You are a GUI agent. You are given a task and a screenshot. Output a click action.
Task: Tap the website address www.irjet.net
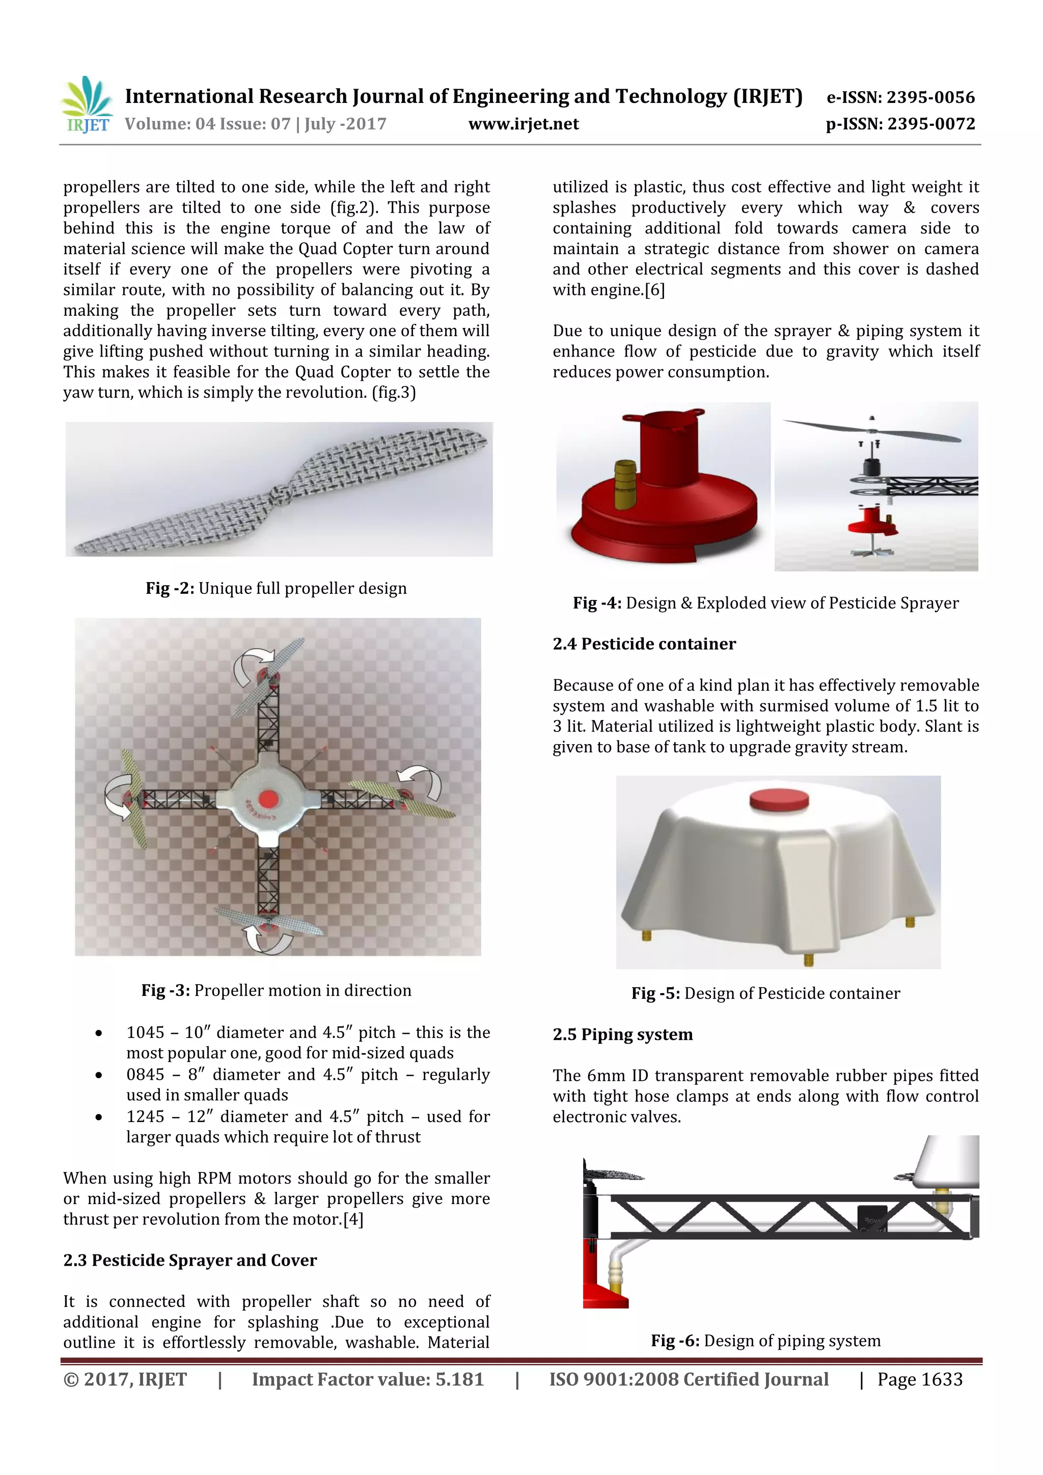[524, 124]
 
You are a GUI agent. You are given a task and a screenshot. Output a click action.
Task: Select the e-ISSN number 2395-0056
[930, 98]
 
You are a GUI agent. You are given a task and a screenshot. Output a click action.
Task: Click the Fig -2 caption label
[170, 588]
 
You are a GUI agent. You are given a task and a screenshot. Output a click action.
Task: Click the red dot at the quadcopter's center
[268, 799]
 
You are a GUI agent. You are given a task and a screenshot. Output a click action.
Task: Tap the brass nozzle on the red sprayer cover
[624, 484]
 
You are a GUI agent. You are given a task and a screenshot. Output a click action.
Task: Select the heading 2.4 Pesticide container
[644, 644]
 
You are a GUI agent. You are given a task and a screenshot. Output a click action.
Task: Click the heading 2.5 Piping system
[622, 1034]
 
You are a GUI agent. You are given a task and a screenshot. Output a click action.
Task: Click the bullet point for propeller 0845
[98, 1075]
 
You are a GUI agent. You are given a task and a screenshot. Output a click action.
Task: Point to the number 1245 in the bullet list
[146, 1116]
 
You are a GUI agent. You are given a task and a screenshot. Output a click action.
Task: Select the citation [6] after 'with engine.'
[654, 290]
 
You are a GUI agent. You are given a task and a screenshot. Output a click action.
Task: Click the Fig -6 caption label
[674, 1341]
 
